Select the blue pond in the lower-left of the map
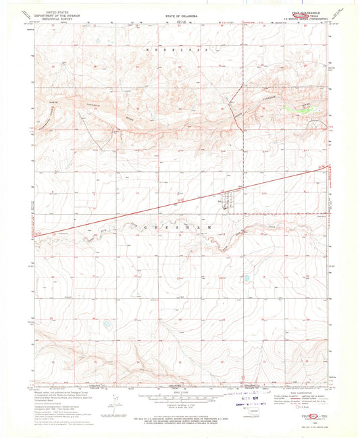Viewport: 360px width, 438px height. click(x=107, y=325)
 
